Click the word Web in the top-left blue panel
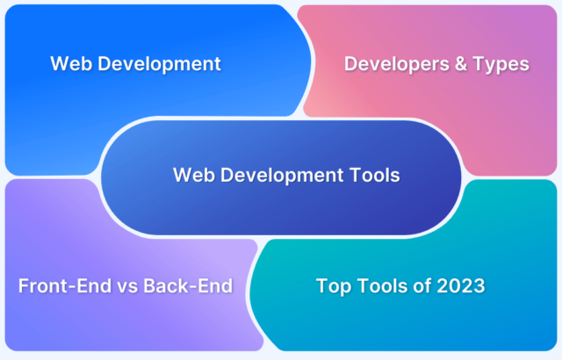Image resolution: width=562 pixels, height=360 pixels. (x=68, y=63)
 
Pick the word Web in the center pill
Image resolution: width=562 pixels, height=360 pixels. (x=191, y=175)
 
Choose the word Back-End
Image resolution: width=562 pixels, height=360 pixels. (x=181, y=286)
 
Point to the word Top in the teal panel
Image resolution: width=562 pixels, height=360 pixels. (x=333, y=286)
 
